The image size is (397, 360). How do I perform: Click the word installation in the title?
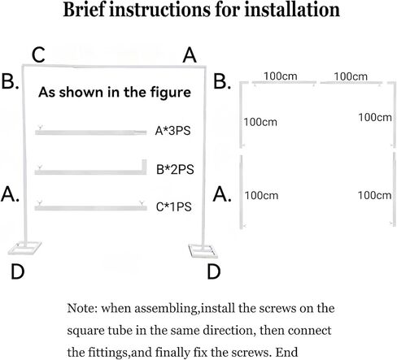(x=292, y=10)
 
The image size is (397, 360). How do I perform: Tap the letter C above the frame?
(x=38, y=55)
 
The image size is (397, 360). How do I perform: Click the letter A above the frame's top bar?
(x=190, y=55)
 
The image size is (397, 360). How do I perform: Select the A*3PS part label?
(x=172, y=131)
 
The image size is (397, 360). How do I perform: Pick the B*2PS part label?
(x=175, y=170)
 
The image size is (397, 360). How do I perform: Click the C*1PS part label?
(x=174, y=207)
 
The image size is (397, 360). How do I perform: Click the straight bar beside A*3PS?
(x=91, y=132)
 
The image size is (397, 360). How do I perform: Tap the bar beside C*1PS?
(x=91, y=208)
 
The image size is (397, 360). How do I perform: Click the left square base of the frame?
(x=24, y=249)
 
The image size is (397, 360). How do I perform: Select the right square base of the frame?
(x=203, y=251)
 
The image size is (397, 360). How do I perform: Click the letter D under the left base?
(x=18, y=271)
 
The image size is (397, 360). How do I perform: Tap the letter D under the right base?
(x=214, y=271)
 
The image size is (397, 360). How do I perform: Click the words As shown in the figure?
(x=115, y=93)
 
